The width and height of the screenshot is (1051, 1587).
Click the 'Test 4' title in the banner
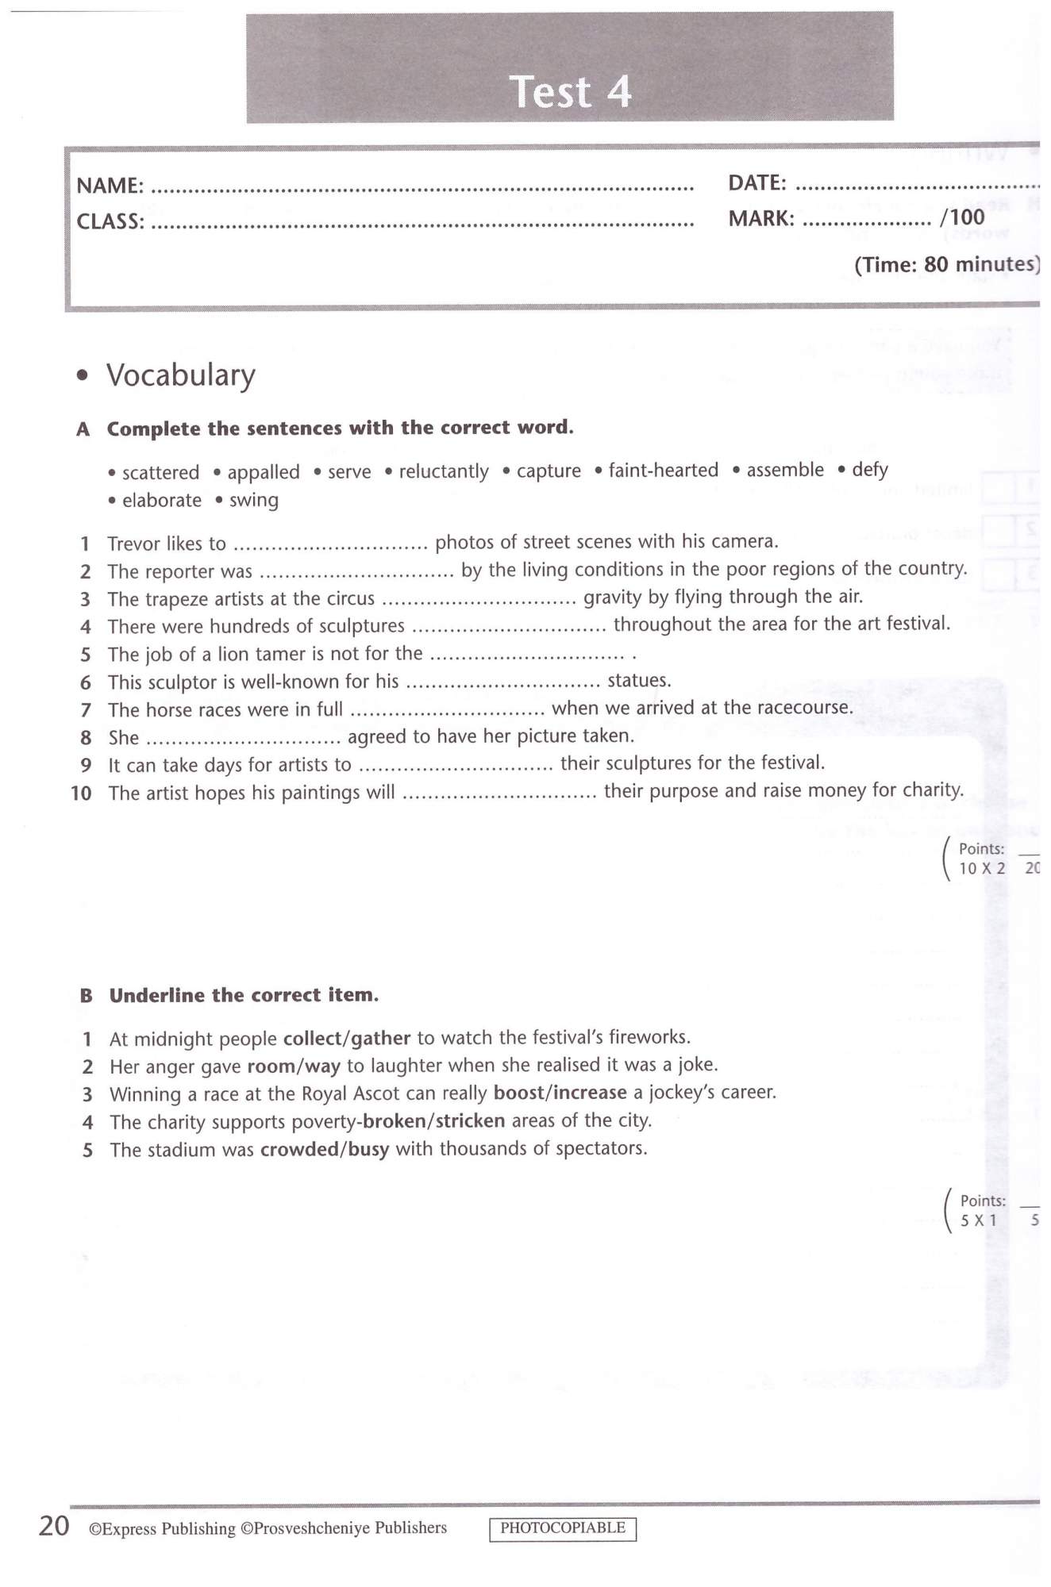click(x=570, y=91)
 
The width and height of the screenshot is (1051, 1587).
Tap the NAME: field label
click(x=110, y=186)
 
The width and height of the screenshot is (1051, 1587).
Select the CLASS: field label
click(x=110, y=221)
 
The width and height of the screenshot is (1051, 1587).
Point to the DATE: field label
click(x=757, y=183)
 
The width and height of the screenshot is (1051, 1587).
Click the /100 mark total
click(x=962, y=217)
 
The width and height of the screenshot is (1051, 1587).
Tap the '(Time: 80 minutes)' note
click(x=946, y=264)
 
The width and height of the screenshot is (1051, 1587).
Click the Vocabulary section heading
click(x=180, y=375)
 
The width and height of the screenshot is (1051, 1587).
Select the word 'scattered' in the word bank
click(x=160, y=473)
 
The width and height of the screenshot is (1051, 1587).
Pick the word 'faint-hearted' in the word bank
click(x=663, y=471)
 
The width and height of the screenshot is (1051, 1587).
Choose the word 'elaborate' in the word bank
click(x=161, y=501)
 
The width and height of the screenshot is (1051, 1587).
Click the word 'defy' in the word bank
click(x=869, y=470)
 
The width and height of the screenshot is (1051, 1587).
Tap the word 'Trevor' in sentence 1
click(x=132, y=544)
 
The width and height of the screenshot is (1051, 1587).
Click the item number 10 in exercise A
click(x=81, y=793)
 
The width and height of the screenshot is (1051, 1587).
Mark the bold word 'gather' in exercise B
click(x=380, y=1038)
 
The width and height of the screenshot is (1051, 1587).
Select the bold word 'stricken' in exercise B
click(x=470, y=1120)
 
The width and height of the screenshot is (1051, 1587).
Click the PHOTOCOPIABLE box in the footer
click(x=562, y=1527)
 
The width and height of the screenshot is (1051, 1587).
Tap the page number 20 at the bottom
click(x=54, y=1526)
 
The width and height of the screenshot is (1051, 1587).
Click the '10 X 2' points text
click(x=981, y=868)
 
